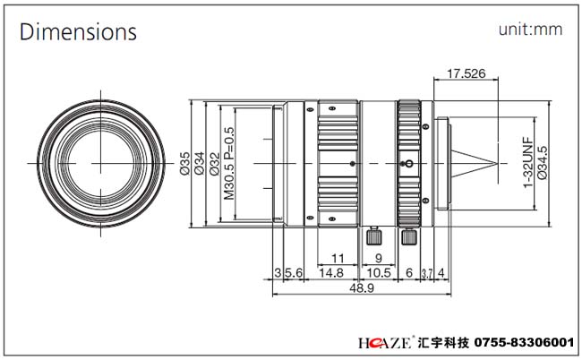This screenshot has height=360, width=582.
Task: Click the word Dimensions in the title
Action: click(79, 33)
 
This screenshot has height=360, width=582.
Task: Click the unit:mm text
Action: click(530, 30)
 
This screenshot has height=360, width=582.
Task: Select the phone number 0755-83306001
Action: click(523, 343)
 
